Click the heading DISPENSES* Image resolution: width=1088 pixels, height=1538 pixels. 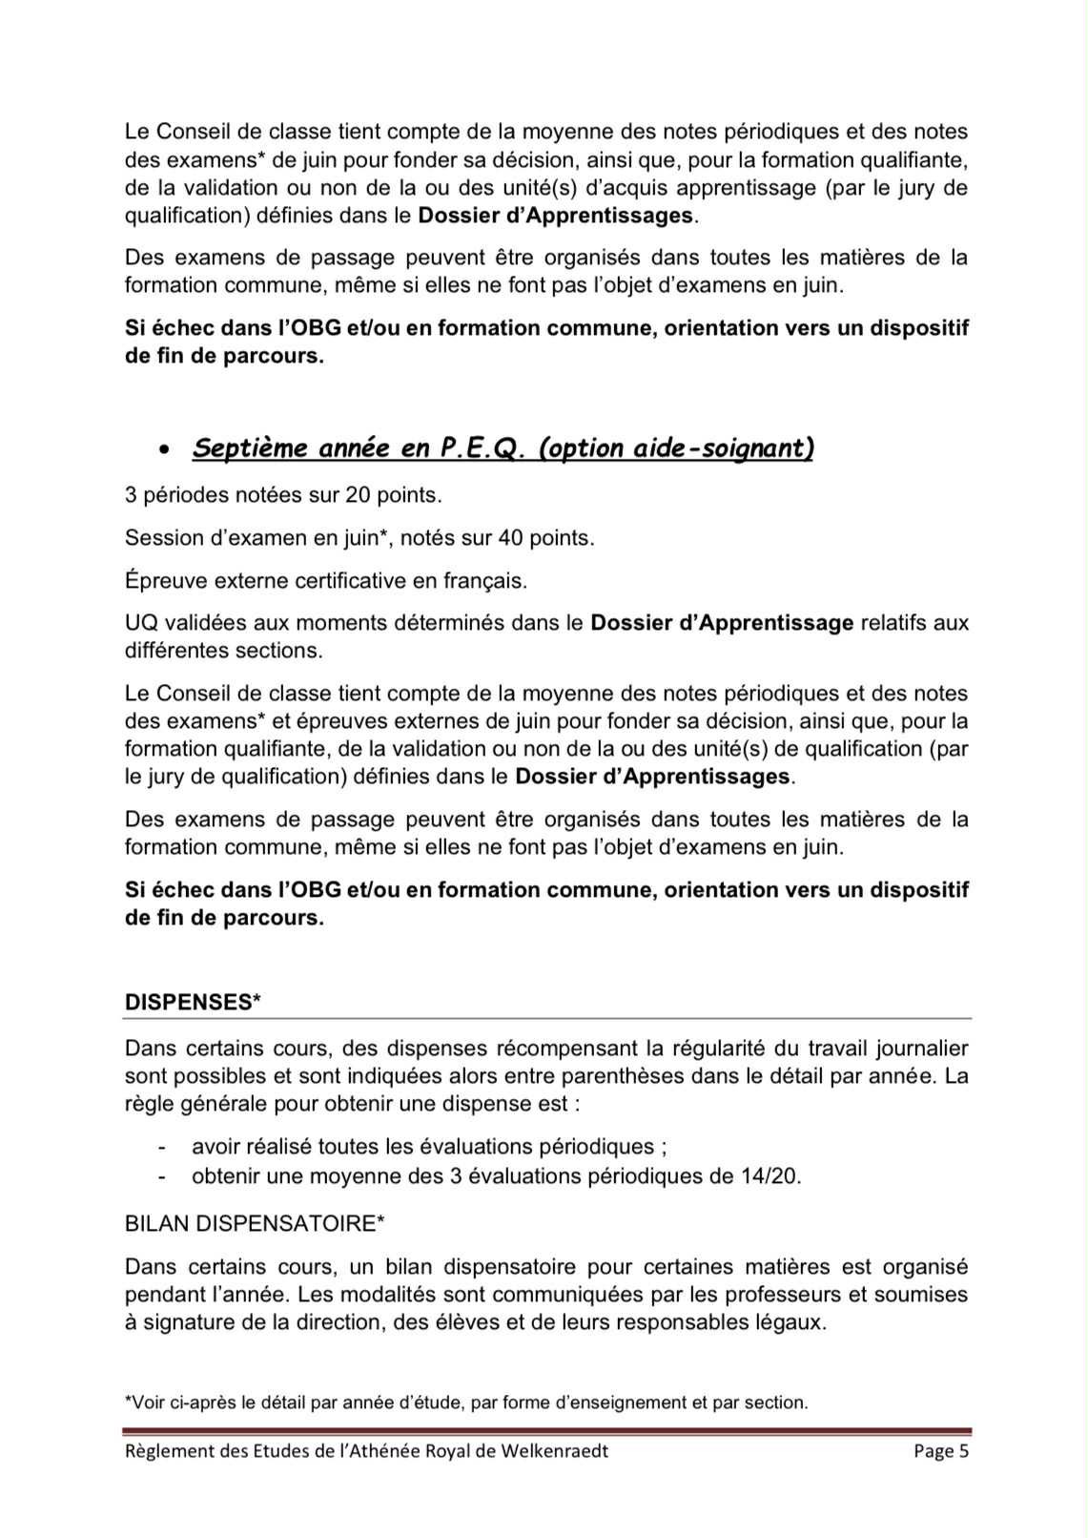tap(193, 1002)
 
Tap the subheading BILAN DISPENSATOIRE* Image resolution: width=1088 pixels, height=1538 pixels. tap(255, 1223)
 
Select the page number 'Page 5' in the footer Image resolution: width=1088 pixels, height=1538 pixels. tap(940, 1451)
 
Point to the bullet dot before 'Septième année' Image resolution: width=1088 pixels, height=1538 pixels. tap(165, 448)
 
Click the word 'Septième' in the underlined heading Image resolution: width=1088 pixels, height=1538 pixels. tap(250, 447)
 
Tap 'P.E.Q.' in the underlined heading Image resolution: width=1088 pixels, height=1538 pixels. tap(482, 447)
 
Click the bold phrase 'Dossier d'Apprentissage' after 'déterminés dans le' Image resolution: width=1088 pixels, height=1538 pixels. tap(722, 623)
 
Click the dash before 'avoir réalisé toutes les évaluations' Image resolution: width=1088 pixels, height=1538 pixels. tap(163, 1148)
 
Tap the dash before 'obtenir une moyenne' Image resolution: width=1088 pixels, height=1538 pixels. tap(163, 1176)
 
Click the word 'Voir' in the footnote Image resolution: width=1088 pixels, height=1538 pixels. tap(148, 1403)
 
